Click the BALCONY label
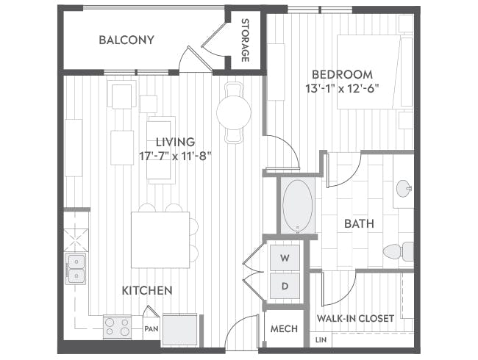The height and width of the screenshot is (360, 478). tap(126, 40)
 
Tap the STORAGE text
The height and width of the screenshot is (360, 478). tap(245, 40)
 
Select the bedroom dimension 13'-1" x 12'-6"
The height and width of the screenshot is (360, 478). tap(342, 89)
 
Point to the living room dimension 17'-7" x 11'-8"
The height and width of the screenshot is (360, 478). tap(175, 156)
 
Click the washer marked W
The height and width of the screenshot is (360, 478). tap(285, 258)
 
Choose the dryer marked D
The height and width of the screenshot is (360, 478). tap(285, 286)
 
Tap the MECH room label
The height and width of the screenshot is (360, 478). tap(284, 328)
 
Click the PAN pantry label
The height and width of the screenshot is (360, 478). tap(151, 329)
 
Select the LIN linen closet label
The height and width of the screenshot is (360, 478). tap(321, 339)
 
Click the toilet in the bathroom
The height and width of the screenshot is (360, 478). tap(398, 251)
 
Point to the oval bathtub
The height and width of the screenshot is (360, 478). tap(298, 206)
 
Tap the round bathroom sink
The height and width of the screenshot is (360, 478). tap(404, 189)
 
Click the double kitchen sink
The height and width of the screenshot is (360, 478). tap(75, 269)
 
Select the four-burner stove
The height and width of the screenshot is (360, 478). tap(118, 327)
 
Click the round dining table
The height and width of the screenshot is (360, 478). tap(234, 112)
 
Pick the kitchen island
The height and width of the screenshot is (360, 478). tap(160, 240)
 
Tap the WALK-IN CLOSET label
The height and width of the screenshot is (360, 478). tap(355, 319)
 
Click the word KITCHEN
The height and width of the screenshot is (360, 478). tap(147, 290)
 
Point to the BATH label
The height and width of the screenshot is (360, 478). tap(359, 224)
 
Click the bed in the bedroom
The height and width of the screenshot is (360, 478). tap(375, 72)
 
